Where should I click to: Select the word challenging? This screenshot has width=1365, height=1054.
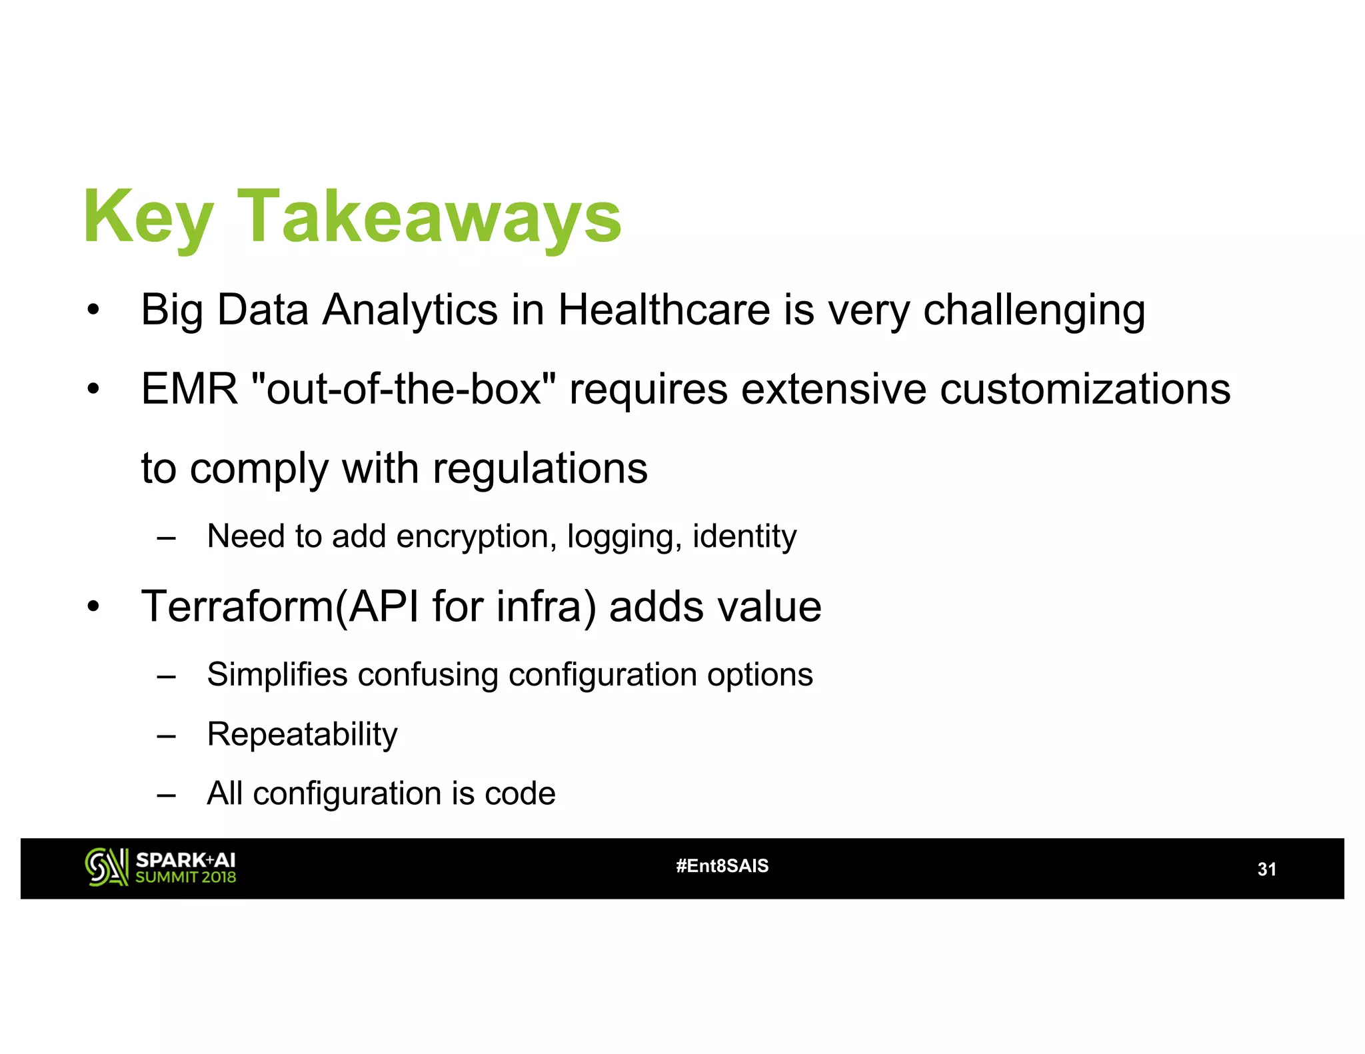pyautogui.click(x=1034, y=311)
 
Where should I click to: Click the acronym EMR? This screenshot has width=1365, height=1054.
pyautogui.click(x=189, y=388)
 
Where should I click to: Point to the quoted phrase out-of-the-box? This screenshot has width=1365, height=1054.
pyautogui.click(x=404, y=388)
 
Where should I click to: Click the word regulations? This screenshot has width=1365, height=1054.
pyautogui.click(x=540, y=468)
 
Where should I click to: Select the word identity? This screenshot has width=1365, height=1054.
pyautogui.click(x=744, y=537)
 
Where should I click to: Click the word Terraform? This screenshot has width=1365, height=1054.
pyautogui.click(x=237, y=607)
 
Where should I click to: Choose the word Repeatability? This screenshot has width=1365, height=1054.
pyautogui.click(x=302, y=735)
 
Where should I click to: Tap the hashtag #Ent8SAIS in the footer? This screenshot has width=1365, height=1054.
pyautogui.click(x=722, y=866)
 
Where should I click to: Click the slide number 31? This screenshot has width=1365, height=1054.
pyautogui.click(x=1266, y=869)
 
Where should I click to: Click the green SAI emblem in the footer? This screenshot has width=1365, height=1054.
pyautogui.click(x=106, y=867)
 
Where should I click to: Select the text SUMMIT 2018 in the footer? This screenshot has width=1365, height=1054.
pyautogui.click(x=186, y=877)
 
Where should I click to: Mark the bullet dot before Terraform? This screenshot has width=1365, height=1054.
pyautogui.click(x=93, y=607)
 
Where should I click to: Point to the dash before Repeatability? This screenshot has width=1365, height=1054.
pyautogui.click(x=166, y=736)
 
